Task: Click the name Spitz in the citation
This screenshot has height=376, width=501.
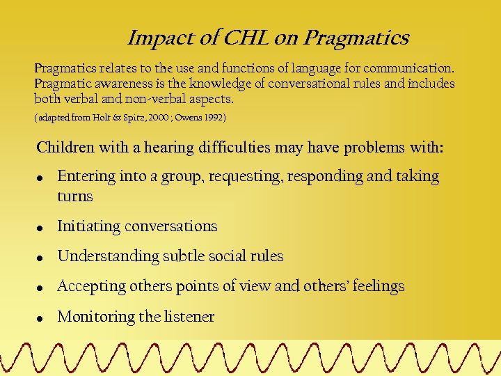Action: pos(156,118)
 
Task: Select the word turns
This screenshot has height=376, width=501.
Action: pos(74,197)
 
